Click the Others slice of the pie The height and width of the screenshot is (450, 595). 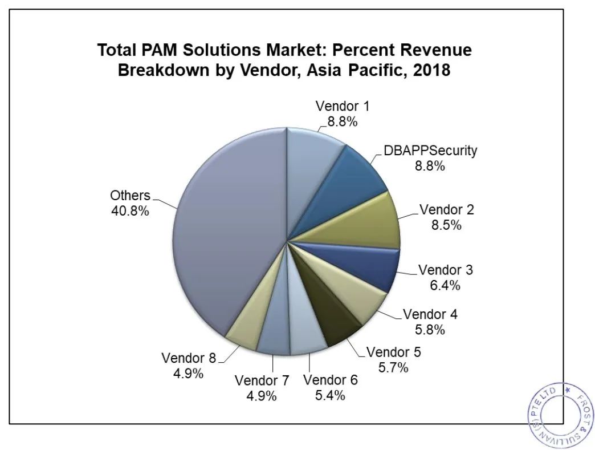click(228, 228)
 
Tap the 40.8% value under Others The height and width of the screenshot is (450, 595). click(130, 211)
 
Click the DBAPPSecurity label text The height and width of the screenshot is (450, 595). click(430, 151)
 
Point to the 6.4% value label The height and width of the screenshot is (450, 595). click(445, 285)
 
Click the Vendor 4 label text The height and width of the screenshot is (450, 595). click(430, 314)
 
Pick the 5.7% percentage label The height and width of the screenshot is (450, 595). click(393, 368)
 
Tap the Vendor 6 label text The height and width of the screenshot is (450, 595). click(331, 380)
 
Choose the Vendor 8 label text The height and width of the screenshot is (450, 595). click(189, 358)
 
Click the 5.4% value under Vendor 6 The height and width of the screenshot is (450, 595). click(330, 395)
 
